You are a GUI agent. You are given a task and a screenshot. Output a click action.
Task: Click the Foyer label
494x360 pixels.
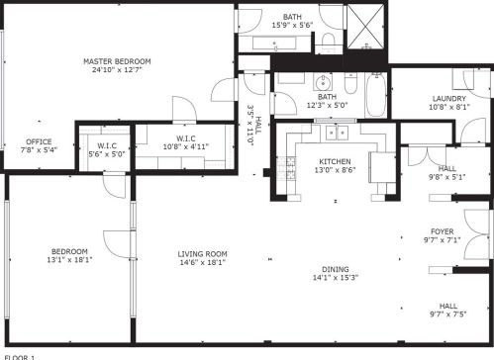point(441,234)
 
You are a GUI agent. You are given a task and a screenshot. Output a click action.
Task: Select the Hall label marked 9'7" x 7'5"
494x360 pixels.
point(447,311)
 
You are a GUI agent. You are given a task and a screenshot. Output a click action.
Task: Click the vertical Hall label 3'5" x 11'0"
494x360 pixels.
point(253,125)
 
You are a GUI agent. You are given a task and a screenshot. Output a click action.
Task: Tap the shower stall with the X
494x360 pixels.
point(368,26)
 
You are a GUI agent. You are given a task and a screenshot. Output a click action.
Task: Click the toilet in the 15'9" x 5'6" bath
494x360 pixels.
point(328,41)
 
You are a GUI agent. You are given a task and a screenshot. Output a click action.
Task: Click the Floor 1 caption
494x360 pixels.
point(20,355)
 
